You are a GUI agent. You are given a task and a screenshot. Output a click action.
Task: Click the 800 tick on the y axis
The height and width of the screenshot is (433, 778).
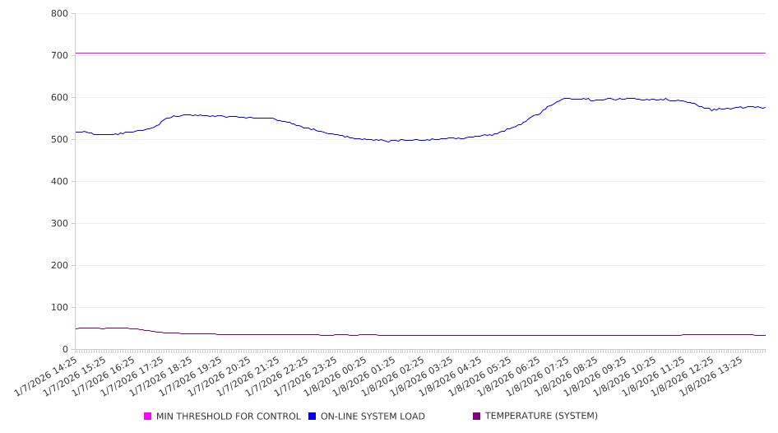point(59,14)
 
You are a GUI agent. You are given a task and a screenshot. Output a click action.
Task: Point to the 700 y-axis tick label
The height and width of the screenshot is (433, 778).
point(59,56)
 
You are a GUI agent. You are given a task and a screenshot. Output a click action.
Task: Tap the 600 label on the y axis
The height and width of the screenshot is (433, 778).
point(59,98)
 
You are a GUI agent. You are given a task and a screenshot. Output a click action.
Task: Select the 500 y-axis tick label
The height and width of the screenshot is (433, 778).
point(59,140)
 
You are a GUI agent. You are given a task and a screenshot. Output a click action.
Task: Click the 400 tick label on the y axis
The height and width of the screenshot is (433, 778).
point(59,182)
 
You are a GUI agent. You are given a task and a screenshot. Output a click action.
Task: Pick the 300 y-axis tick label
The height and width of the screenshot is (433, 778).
point(59,224)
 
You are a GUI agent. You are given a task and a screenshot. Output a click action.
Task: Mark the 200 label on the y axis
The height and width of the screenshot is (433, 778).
point(59,266)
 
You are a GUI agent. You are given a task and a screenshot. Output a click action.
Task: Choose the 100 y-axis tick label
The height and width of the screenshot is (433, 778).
point(59,308)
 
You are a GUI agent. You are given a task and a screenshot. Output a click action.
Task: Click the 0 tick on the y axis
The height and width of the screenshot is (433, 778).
point(65,350)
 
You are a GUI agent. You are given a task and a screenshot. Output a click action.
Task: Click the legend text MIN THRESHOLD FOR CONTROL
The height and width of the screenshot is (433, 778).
point(228,417)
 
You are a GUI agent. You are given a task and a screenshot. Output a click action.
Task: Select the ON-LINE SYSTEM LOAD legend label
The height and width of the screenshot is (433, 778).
point(372,417)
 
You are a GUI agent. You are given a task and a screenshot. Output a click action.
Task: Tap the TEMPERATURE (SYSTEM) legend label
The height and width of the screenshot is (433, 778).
point(540,417)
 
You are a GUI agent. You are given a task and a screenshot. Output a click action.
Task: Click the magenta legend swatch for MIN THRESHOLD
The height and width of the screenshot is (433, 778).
point(148,417)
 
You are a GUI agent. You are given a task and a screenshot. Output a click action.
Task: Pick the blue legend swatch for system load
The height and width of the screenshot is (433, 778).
point(313,417)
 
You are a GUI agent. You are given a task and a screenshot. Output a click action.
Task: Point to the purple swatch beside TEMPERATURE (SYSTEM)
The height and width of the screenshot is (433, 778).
point(477,417)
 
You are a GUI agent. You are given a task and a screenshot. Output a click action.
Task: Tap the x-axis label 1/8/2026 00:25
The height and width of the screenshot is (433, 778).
point(339,376)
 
